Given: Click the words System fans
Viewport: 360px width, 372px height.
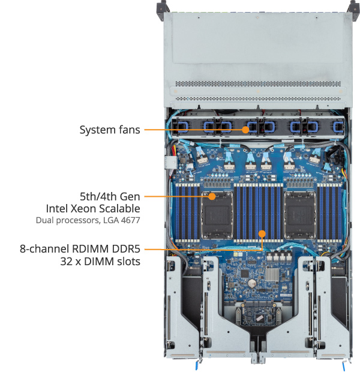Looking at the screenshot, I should click(110, 129).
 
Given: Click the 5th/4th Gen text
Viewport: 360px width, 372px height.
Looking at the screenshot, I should click(110, 196).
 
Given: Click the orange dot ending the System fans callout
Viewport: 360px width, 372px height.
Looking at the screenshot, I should click(245, 128).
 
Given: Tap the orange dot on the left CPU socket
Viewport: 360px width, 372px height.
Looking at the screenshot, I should click(212, 196).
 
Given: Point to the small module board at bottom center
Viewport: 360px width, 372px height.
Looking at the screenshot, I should click(259, 315).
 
